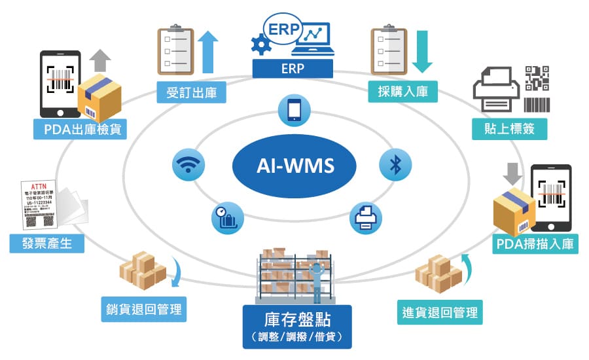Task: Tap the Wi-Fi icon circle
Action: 188,164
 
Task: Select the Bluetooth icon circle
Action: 395,164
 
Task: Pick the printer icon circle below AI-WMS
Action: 365,216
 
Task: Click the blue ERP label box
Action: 292,69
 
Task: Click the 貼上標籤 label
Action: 510,128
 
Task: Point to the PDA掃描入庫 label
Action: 535,244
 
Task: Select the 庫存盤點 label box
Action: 296,325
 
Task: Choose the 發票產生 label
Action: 47,243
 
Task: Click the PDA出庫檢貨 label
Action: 80,128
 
